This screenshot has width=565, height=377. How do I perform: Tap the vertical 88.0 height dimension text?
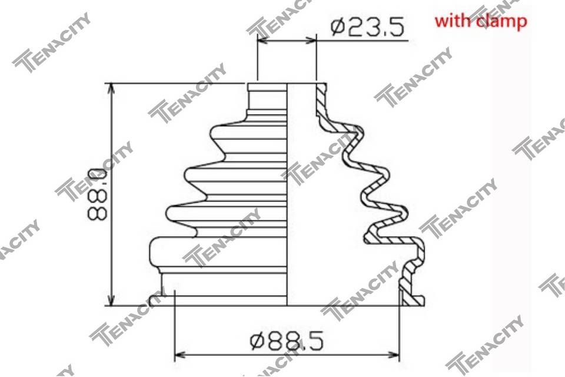97,195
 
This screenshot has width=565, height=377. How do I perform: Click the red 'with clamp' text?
481,21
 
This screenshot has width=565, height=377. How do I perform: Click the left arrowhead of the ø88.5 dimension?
180,355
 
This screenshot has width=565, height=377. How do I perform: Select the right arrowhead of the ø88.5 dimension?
394,355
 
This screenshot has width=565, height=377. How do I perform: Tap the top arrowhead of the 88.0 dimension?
111,89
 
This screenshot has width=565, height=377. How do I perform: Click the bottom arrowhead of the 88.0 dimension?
111,300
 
